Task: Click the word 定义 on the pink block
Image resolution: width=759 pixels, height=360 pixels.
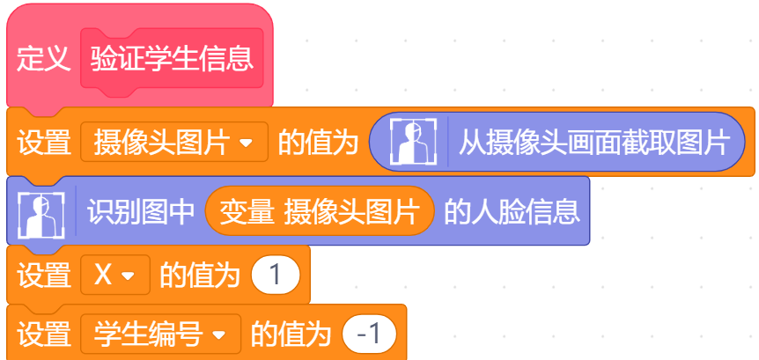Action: click(43, 60)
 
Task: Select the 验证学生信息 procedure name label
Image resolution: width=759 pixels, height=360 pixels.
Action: click(172, 59)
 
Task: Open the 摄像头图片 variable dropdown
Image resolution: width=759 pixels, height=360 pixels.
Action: click(174, 142)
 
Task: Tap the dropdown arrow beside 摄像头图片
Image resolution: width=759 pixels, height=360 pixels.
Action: click(246, 143)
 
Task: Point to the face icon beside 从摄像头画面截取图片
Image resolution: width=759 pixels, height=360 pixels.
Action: click(413, 142)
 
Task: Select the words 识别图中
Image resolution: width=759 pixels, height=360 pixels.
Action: click(141, 212)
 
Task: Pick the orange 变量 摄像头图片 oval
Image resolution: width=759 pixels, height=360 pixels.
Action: click(319, 211)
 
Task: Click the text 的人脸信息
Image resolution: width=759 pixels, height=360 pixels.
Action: click(512, 212)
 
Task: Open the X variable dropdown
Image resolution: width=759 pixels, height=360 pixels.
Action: click(115, 275)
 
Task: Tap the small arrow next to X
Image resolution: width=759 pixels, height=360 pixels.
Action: click(128, 276)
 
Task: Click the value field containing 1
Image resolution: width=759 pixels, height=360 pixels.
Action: click(276, 275)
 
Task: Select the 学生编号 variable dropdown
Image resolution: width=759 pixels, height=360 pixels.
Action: click(161, 334)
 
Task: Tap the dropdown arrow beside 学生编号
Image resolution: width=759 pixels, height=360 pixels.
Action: click(218, 334)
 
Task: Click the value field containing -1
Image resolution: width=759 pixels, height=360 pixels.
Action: click(369, 334)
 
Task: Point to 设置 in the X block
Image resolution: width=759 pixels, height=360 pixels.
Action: click(43, 276)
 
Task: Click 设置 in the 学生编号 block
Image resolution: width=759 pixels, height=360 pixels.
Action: click(43, 334)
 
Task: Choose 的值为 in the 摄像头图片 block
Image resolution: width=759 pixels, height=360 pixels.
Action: click(318, 143)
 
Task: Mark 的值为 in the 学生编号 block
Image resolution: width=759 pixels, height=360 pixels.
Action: click(291, 334)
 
